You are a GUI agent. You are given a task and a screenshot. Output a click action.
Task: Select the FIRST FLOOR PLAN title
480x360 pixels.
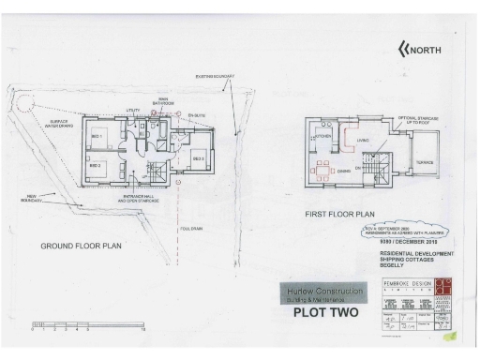[339, 214]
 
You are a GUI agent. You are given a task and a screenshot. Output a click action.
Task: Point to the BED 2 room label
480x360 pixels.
[95, 166]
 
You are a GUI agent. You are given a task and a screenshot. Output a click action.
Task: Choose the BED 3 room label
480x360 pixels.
[199, 158]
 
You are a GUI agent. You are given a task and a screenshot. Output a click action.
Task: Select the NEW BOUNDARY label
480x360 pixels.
[31, 200]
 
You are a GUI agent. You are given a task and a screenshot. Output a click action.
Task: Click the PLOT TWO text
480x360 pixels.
[321, 313]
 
